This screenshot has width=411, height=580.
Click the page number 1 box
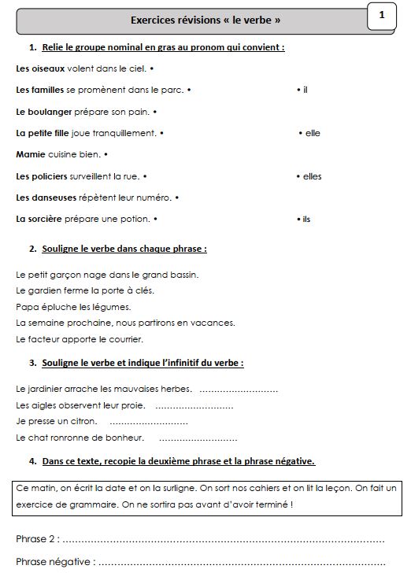click(x=381, y=15)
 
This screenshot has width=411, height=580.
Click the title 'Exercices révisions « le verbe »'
click(x=205, y=20)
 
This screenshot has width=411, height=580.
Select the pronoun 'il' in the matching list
click(x=305, y=90)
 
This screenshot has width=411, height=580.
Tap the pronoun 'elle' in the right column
click(x=312, y=133)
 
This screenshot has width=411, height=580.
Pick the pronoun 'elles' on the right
click(x=312, y=176)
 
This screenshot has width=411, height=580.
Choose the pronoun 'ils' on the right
click(x=306, y=219)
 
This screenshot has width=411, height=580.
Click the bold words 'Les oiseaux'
click(x=40, y=68)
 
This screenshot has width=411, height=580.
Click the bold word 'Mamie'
click(x=31, y=154)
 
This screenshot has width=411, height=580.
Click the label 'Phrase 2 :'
click(x=37, y=539)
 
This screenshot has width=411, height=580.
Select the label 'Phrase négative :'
click(x=55, y=562)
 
